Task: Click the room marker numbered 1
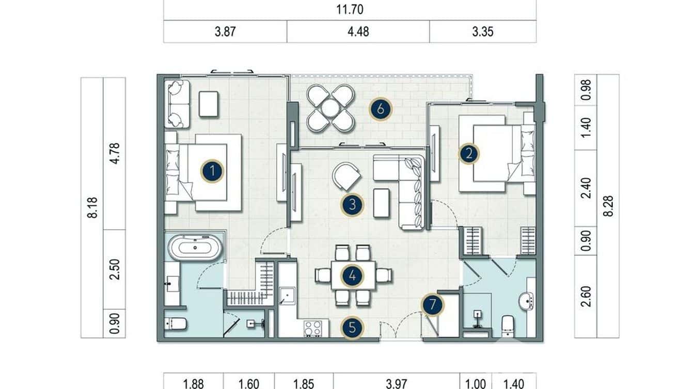[212, 171]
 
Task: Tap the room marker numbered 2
[469, 154]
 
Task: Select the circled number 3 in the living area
[352, 205]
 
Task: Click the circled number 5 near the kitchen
[352, 327]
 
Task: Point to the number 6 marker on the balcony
[381, 109]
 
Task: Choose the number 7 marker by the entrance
[432, 305]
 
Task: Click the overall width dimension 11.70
[350, 9]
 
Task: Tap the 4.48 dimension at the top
[358, 32]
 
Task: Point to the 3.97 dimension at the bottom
[397, 383]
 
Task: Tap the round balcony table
[330, 108]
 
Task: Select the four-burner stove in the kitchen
[312, 328]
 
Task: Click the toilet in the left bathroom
[176, 324]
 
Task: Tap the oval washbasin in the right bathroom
[526, 301]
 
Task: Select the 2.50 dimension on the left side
[115, 269]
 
